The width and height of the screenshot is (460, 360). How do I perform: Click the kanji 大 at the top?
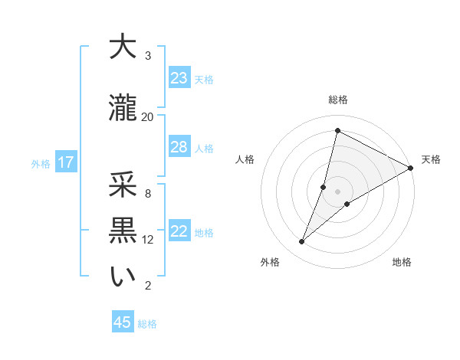[123, 47]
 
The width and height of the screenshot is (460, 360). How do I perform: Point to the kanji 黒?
[123, 230]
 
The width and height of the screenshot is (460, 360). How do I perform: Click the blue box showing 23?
[179, 78]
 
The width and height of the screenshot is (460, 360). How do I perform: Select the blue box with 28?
[179, 147]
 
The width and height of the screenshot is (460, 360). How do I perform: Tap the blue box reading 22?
[179, 232]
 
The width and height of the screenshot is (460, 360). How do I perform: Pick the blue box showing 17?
[65, 162]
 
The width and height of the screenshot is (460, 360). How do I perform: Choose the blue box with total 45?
[123, 322]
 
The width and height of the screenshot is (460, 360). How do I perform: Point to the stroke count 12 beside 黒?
[148, 240]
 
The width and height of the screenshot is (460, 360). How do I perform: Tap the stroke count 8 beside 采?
[148, 193]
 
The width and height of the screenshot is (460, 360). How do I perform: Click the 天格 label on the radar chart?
[431, 159]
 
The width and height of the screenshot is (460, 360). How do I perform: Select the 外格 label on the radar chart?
[269, 262]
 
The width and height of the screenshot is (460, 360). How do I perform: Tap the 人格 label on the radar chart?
[245, 159]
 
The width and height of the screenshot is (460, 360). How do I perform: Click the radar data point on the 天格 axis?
[410, 168]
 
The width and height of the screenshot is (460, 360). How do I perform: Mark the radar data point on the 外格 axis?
[302, 242]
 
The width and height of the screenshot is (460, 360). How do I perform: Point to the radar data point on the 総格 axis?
[337, 131]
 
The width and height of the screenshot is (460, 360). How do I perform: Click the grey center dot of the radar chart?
[337, 191]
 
